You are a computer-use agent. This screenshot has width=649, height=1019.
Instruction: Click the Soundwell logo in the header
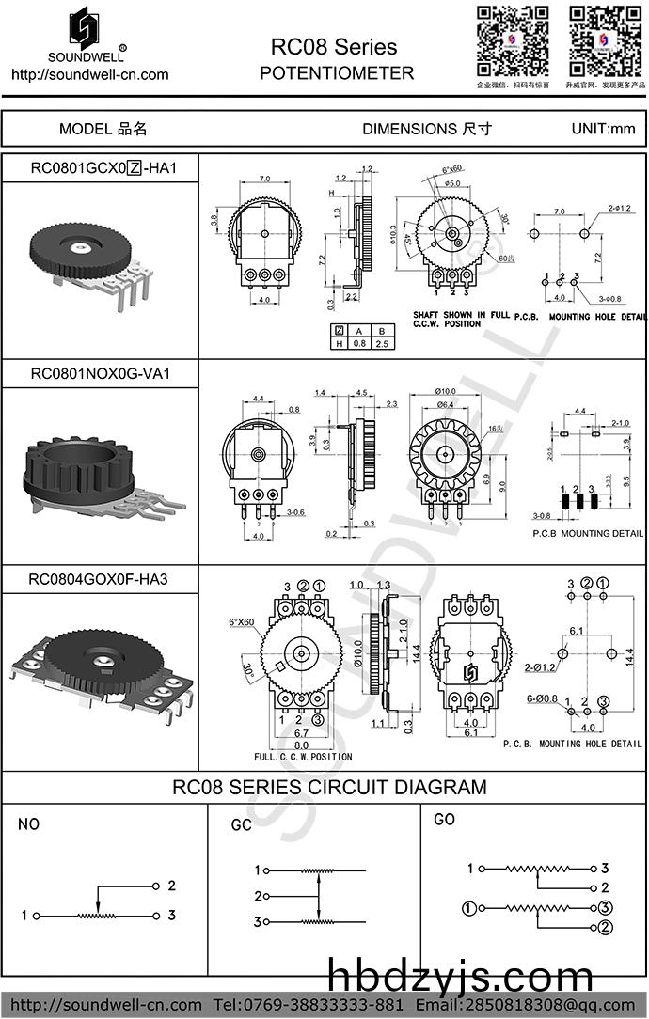click(88, 34)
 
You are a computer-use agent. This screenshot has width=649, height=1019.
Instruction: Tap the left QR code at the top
click(513, 40)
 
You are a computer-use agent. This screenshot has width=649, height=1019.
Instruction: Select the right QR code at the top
click(605, 40)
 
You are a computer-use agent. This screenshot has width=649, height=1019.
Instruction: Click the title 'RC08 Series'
click(334, 47)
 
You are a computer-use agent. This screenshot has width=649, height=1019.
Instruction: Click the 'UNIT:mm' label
click(603, 129)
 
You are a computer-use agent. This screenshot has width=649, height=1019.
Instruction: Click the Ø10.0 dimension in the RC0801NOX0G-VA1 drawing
click(446, 391)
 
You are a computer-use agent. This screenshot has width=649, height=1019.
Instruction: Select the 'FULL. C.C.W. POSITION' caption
click(303, 757)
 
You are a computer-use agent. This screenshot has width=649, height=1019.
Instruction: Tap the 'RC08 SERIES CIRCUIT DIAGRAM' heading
click(329, 787)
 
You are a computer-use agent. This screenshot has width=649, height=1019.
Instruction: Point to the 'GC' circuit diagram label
click(242, 825)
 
